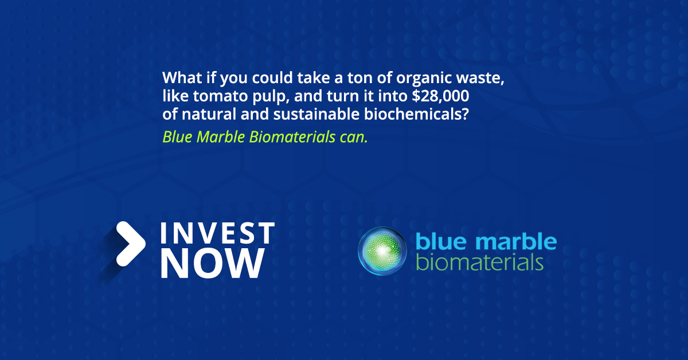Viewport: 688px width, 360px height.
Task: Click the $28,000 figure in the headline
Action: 440,96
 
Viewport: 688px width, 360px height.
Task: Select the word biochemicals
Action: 416,114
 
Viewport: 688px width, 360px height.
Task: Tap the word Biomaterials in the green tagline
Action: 292,136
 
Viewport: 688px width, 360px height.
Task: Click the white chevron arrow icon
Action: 131,243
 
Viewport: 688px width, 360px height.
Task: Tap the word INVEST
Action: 217,233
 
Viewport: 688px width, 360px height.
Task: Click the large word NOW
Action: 213,263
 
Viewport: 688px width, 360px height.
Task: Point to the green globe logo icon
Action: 382,251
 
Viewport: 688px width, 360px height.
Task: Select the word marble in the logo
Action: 517,241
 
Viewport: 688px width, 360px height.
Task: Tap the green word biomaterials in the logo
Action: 480,263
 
